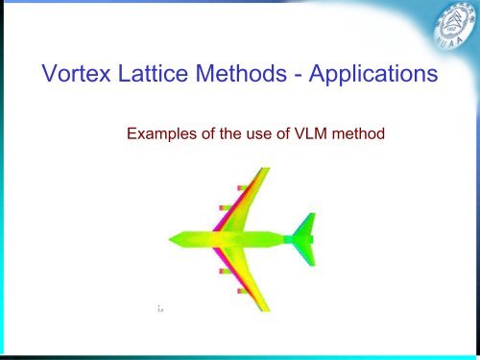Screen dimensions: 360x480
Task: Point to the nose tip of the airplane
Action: click(171, 238)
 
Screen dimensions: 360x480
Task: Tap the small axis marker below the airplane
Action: click(159, 309)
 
